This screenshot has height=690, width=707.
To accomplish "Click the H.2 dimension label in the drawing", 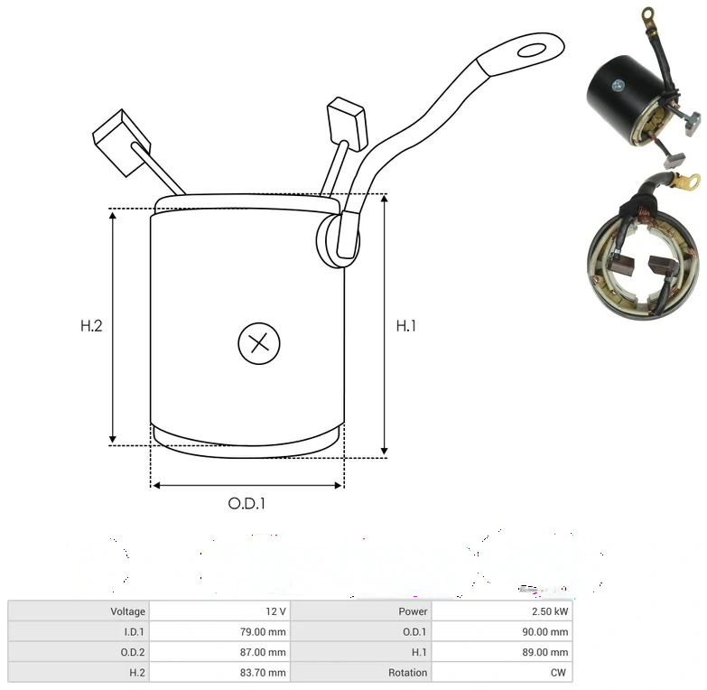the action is point(91,326).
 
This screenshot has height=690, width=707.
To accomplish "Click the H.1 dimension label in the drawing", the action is point(405,326).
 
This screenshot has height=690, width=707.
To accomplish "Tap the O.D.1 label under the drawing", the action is point(247,503).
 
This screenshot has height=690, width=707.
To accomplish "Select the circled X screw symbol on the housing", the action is point(259,343).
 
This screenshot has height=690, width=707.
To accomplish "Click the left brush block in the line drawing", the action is point(122,143).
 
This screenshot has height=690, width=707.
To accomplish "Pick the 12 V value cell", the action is point(275,611).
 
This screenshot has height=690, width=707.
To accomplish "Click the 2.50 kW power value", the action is point(550,611).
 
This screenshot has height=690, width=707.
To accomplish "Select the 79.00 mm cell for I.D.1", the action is point(263,631).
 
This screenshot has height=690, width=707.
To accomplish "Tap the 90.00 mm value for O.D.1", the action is point(545,631).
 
